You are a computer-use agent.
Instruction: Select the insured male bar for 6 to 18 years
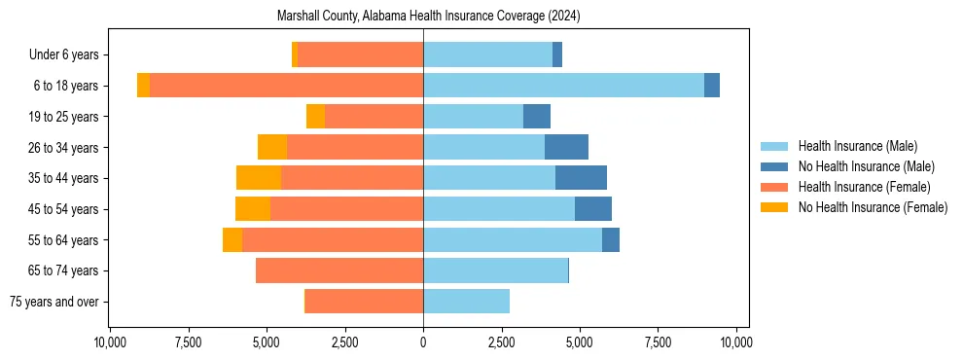point(563,86)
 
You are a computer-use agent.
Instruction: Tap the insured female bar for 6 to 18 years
point(286,86)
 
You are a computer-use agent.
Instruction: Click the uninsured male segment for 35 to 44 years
point(581,178)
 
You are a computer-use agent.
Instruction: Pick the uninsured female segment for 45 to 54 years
point(253,209)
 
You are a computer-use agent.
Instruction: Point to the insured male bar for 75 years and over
point(466,302)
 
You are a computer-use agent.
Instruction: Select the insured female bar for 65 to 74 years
point(339,270)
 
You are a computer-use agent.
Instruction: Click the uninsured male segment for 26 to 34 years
point(566,147)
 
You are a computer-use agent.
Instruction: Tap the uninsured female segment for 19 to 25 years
point(315,117)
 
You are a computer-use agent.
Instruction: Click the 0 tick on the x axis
point(423,342)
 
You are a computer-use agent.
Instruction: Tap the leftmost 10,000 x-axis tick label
point(109,342)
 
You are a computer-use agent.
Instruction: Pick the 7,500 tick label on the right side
point(658,342)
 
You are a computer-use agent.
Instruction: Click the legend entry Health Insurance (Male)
point(857,146)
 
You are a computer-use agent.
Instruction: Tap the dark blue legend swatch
point(774,166)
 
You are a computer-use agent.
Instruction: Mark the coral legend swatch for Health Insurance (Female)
point(774,187)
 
